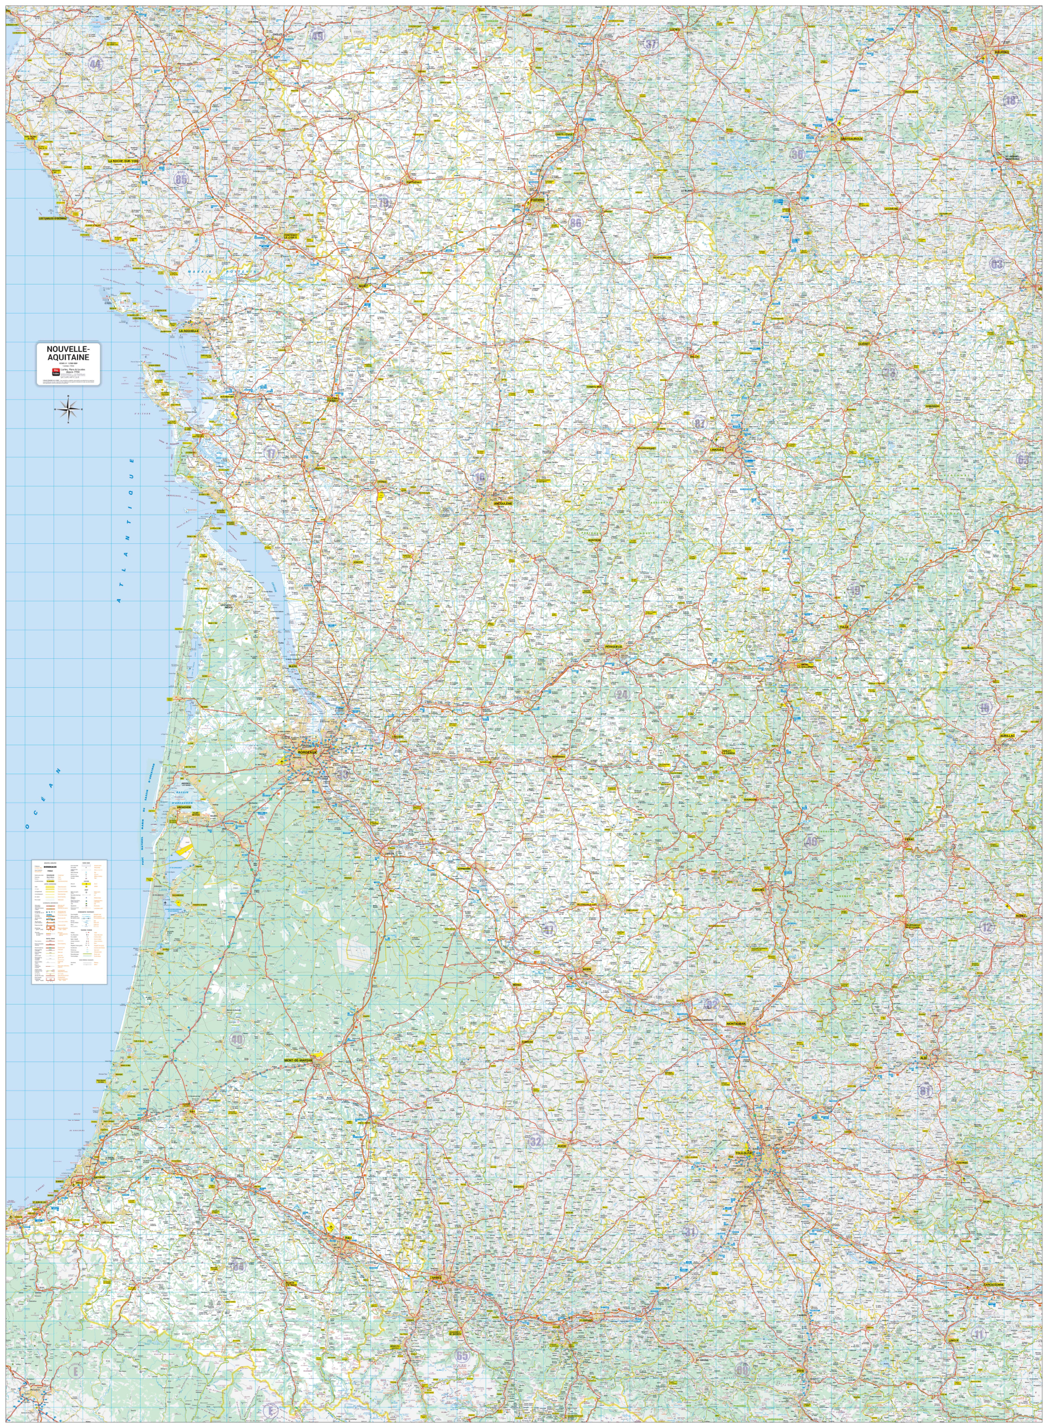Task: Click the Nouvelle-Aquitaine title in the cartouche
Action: pyautogui.click(x=68, y=353)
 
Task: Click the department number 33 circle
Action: pyautogui.click(x=343, y=773)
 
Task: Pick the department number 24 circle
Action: pyautogui.click(x=622, y=694)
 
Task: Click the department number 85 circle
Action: pyautogui.click(x=181, y=180)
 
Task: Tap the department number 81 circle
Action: pyautogui.click(x=925, y=1091)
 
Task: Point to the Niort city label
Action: pyautogui.click(x=363, y=286)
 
